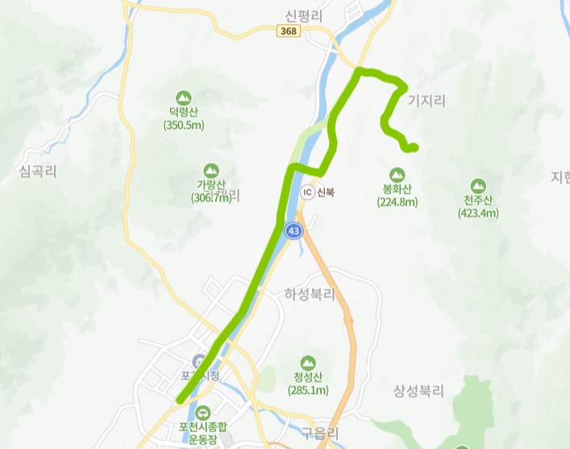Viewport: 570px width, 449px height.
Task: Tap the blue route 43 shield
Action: tap(293, 231)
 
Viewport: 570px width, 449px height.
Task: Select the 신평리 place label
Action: tap(304, 15)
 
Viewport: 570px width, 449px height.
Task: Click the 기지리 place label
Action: tap(426, 101)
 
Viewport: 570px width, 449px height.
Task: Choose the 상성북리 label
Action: tap(418, 391)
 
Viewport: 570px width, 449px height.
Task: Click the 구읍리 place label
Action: tap(317, 433)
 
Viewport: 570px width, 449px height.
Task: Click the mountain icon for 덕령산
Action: tap(185, 94)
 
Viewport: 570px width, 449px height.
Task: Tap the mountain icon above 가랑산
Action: tap(211, 170)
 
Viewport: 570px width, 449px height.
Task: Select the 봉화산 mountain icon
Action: tap(397, 174)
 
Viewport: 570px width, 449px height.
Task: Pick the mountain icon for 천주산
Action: tap(478, 185)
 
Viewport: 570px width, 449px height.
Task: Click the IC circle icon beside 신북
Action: tap(307, 193)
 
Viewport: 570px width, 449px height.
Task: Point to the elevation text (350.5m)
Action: tap(184, 125)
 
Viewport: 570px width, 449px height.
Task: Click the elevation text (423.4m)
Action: tap(478, 214)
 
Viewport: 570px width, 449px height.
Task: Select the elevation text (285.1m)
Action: tap(308, 390)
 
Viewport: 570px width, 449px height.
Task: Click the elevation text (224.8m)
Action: tap(397, 202)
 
